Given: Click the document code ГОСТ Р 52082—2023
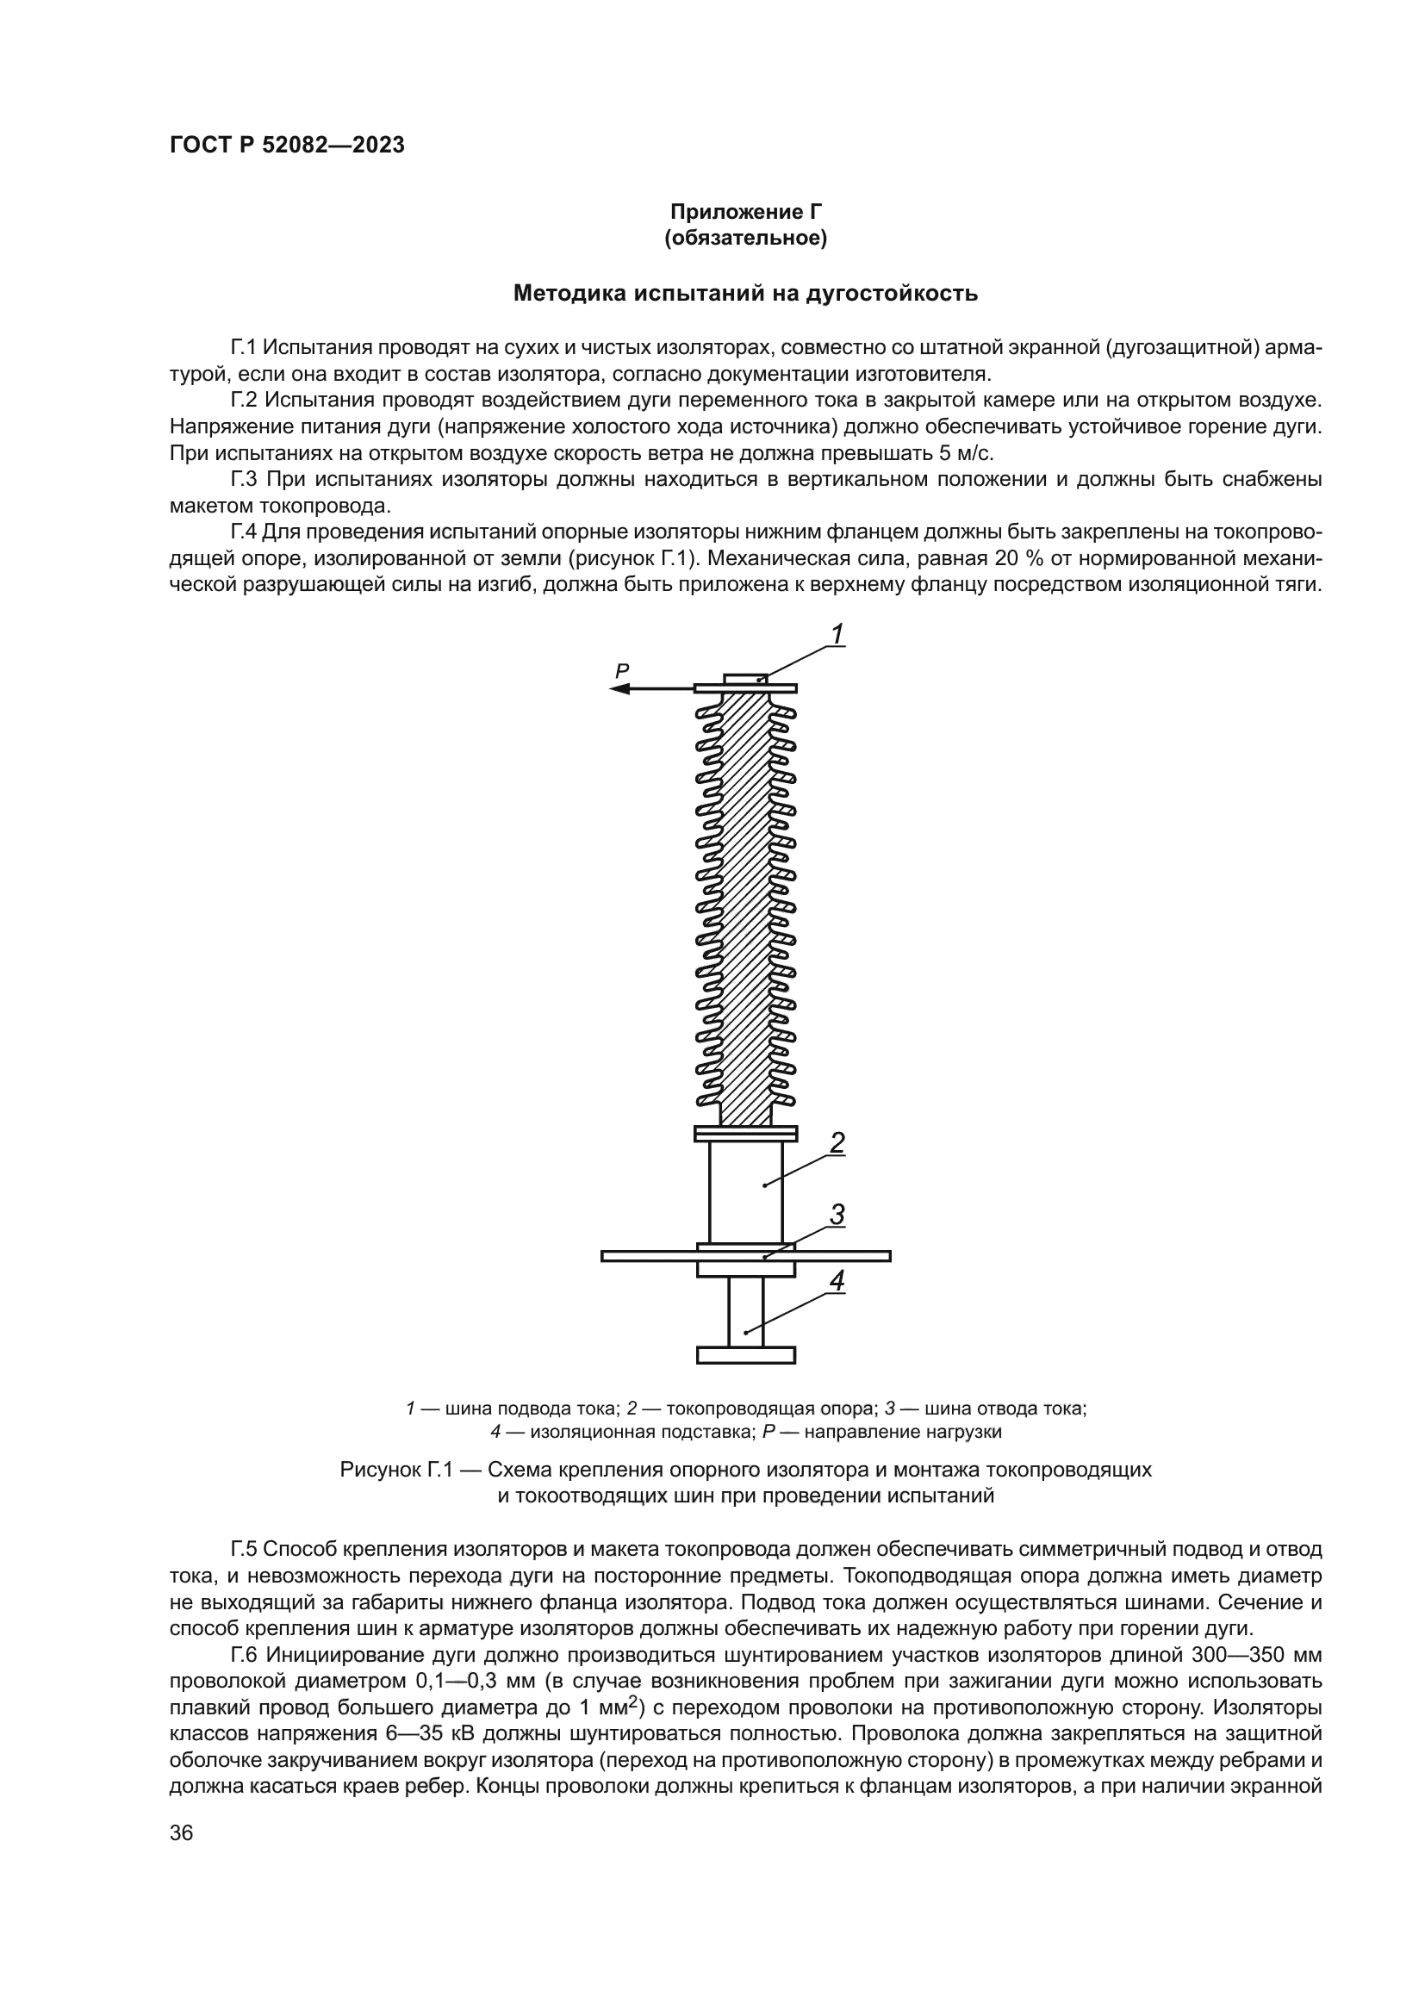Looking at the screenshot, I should pyautogui.click(x=287, y=146).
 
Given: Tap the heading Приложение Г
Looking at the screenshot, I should pyautogui.click(x=745, y=212).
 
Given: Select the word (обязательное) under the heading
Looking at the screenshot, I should pyautogui.click(x=745, y=238).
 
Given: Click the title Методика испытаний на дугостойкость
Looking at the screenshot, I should pyautogui.click(x=745, y=293).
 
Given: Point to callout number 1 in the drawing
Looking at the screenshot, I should pyautogui.click(x=837, y=634).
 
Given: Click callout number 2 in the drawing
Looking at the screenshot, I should pyautogui.click(x=837, y=1142).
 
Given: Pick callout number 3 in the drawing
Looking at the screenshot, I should pyautogui.click(x=837, y=1215).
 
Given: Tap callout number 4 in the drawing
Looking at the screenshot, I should pyautogui.click(x=837, y=1280).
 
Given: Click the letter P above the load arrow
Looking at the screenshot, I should pyautogui.click(x=622, y=671).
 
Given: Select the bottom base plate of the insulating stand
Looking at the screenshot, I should pyautogui.click(x=746, y=1355).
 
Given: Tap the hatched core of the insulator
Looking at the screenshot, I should pyautogui.click(x=745, y=904).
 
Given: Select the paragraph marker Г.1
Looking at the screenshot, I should pyautogui.click(x=245, y=347).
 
